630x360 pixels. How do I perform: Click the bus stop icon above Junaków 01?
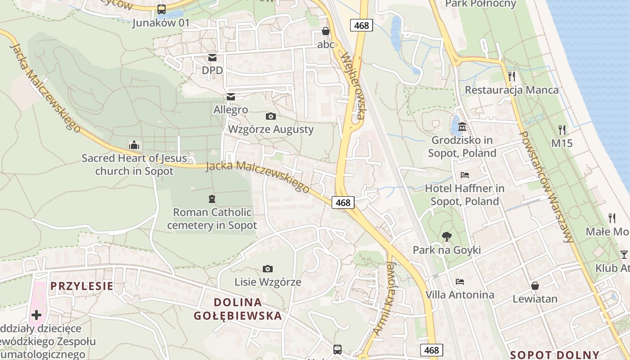pyautogui.click(x=162, y=9)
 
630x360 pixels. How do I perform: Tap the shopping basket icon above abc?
pyautogui.click(x=326, y=31)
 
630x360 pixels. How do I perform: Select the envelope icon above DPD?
pyautogui.click(x=212, y=57)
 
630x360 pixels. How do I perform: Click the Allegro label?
pyautogui.click(x=231, y=110)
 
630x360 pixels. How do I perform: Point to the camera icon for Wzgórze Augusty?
pyautogui.click(x=270, y=116)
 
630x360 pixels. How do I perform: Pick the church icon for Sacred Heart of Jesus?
pyautogui.click(x=134, y=145)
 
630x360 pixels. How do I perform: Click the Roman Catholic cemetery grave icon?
pyautogui.click(x=211, y=198)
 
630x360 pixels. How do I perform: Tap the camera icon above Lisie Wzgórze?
pyautogui.click(x=267, y=269)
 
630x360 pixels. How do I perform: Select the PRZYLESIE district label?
pyautogui.click(x=81, y=286)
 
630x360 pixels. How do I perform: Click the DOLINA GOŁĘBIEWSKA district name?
pyautogui.click(x=238, y=309)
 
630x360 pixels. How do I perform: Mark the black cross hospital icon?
pyautogui.click(x=36, y=315)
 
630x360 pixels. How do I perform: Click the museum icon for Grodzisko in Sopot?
pyautogui.click(x=462, y=127)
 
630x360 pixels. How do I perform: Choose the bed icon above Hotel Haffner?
pyautogui.click(x=465, y=175)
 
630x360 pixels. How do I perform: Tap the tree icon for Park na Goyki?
pyautogui.click(x=446, y=236)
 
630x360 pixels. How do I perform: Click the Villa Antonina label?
pyautogui.click(x=460, y=295)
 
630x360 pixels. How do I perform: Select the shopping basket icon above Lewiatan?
pyautogui.click(x=535, y=285)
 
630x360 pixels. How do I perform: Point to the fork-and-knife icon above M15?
pyautogui.click(x=562, y=130)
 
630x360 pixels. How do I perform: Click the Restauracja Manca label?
pyautogui.click(x=512, y=90)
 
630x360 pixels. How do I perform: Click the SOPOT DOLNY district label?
pyautogui.click(x=555, y=355)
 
